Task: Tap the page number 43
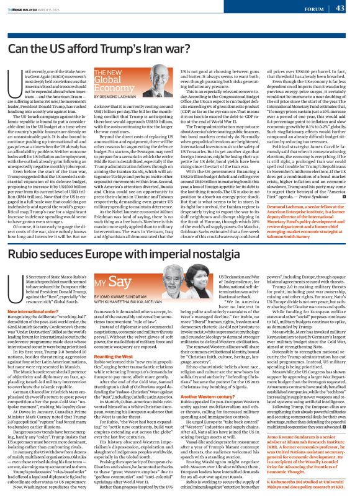(349, 8)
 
